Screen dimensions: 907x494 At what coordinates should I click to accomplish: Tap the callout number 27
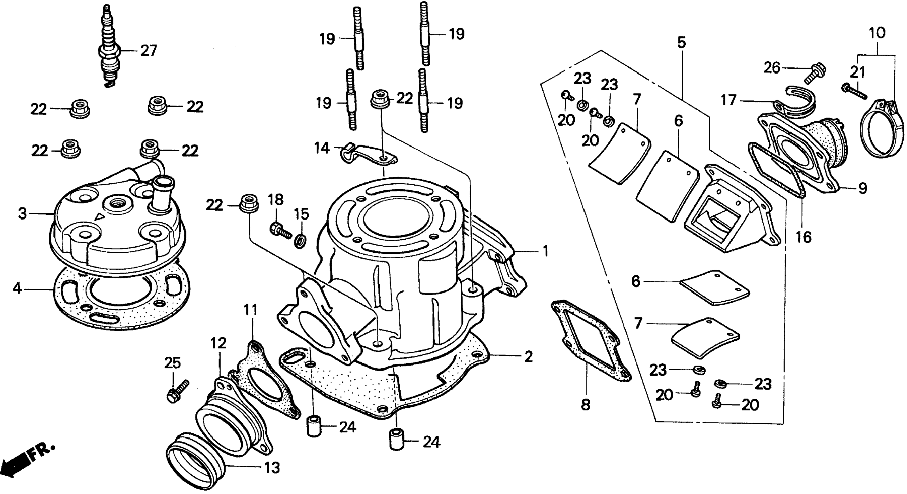[148, 51]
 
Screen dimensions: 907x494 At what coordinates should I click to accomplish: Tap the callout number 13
[272, 468]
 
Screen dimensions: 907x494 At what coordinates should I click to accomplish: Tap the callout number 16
[803, 237]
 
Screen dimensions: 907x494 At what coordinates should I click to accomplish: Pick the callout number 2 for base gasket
[528, 357]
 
